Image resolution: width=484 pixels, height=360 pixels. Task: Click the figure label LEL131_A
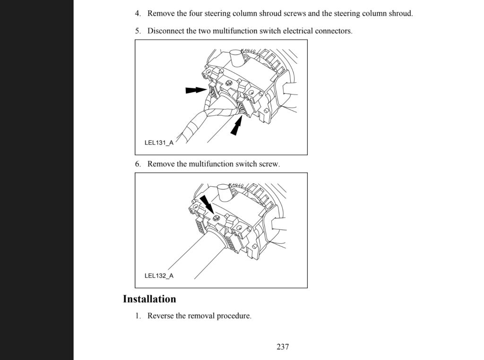click(158, 143)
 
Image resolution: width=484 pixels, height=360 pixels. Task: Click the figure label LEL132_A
click(158, 276)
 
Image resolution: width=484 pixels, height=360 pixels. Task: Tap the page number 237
click(283, 347)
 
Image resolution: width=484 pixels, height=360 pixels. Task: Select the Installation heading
click(149, 299)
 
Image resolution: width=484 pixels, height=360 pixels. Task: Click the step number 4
click(138, 13)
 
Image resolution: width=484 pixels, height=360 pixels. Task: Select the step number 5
click(138, 31)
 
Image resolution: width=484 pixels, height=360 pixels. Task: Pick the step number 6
click(138, 164)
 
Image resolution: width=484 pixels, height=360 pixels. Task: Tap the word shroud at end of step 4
click(400, 13)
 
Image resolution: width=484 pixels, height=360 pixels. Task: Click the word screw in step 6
click(269, 164)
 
